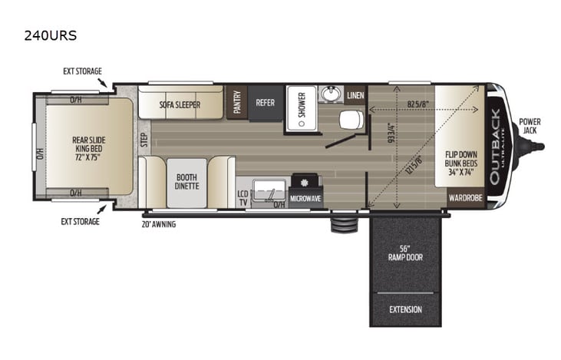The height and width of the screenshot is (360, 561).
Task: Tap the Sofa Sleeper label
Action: click(x=180, y=103)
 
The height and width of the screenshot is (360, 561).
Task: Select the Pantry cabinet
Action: click(x=237, y=103)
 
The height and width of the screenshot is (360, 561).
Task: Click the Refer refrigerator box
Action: click(x=265, y=103)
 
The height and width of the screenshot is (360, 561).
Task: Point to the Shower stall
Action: click(x=302, y=107)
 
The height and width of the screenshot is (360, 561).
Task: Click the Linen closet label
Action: click(x=355, y=95)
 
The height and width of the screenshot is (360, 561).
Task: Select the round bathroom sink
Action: click(x=332, y=94)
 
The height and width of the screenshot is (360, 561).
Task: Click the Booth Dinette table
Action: click(x=186, y=181)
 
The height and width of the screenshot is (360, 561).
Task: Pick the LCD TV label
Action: click(x=243, y=196)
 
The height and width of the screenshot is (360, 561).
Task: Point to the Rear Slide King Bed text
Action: click(x=87, y=145)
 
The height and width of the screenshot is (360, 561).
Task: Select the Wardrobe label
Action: click(x=465, y=197)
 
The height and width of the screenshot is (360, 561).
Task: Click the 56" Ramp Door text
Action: click(x=405, y=252)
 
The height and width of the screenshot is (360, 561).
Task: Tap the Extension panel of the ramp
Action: click(x=405, y=309)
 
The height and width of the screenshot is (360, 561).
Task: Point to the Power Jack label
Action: click(x=529, y=125)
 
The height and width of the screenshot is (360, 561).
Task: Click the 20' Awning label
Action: click(x=160, y=225)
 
